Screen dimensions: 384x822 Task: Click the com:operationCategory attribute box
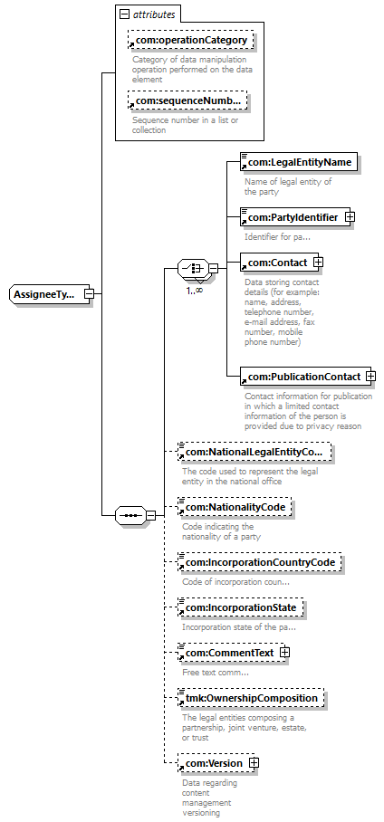tap(191, 41)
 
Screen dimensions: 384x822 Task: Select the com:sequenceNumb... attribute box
tap(187, 100)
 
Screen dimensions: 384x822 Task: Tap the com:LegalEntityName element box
tap(299, 162)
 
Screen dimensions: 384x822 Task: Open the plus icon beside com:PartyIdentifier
tap(350, 216)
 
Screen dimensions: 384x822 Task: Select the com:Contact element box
tap(280, 263)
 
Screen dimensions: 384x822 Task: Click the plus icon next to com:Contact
tap(317, 262)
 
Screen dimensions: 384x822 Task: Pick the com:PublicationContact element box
tap(306, 377)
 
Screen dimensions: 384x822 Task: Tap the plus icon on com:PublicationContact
tap(371, 377)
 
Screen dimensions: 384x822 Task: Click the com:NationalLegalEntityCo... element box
tap(255, 452)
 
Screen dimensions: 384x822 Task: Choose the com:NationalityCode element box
tap(235, 507)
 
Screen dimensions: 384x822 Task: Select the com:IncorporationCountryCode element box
tap(260, 562)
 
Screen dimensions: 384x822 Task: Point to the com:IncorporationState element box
tap(240, 608)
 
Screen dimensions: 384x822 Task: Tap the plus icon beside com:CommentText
tap(285, 653)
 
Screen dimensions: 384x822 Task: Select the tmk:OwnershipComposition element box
tap(251, 698)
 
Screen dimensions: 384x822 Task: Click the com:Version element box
tap(216, 764)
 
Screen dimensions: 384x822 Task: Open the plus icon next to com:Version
tap(254, 763)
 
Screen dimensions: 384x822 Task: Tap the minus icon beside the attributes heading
tap(124, 14)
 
